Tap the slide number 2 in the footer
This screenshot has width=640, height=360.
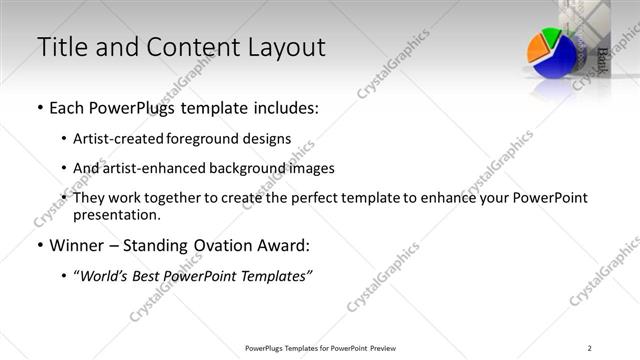pos(590,348)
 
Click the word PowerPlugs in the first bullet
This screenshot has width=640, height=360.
pos(129,107)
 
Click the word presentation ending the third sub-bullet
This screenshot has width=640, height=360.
pos(115,214)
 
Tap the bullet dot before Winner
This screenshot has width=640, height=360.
pos(39,245)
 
